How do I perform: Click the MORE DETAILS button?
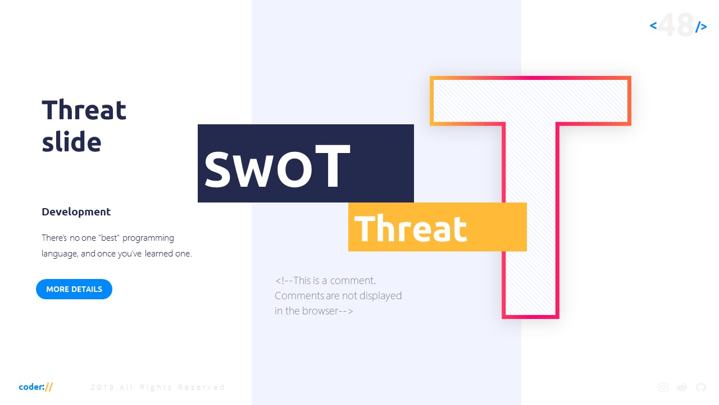click(x=74, y=289)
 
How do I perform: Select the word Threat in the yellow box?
click(x=411, y=228)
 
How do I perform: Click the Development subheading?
click(x=76, y=212)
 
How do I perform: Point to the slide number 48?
click(x=676, y=25)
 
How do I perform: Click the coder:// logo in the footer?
click(x=36, y=387)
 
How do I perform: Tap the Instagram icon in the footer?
click(x=663, y=387)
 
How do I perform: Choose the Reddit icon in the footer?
click(x=682, y=387)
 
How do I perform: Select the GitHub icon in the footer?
click(x=700, y=387)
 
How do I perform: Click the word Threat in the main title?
click(x=84, y=110)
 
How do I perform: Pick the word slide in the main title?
click(x=71, y=142)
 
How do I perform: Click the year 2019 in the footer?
click(x=102, y=388)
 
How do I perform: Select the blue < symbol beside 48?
click(x=653, y=25)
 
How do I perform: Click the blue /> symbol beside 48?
click(x=701, y=26)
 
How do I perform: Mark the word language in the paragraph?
click(x=60, y=254)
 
